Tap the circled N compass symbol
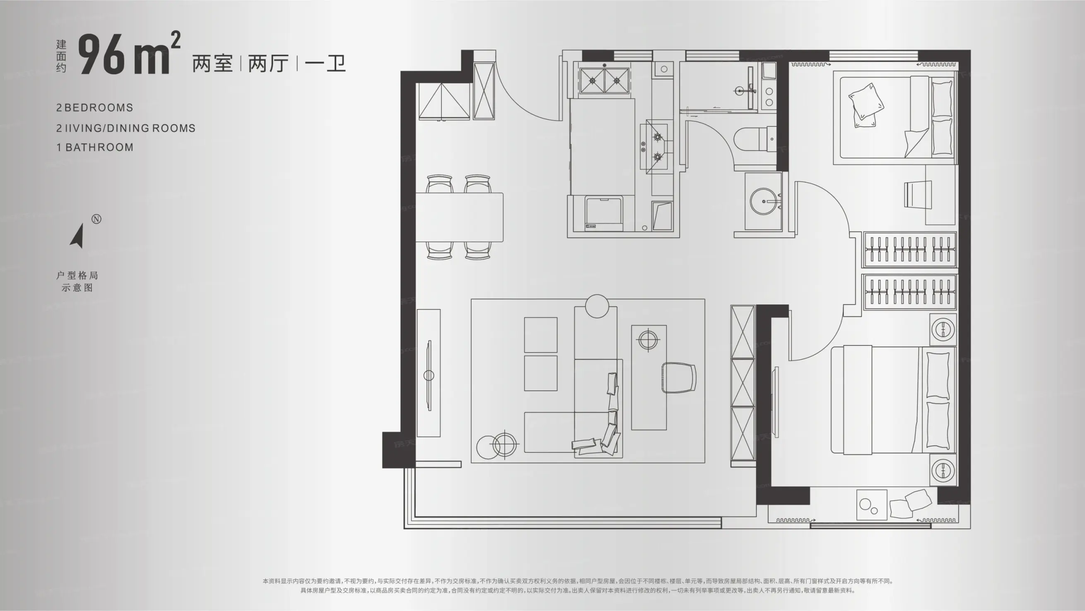[96, 219]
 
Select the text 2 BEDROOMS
[95, 108]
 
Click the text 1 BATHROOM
[95, 147]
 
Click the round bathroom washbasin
[764, 201]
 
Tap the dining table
[460, 217]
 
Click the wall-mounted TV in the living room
[429, 375]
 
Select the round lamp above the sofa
[597, 306]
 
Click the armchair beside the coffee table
[679, 377]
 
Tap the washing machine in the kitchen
[604, 213]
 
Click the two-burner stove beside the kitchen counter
[605, 80]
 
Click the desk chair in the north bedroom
[918, 194]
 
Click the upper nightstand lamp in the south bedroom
[943, 329]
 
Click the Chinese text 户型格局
[77, 275]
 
